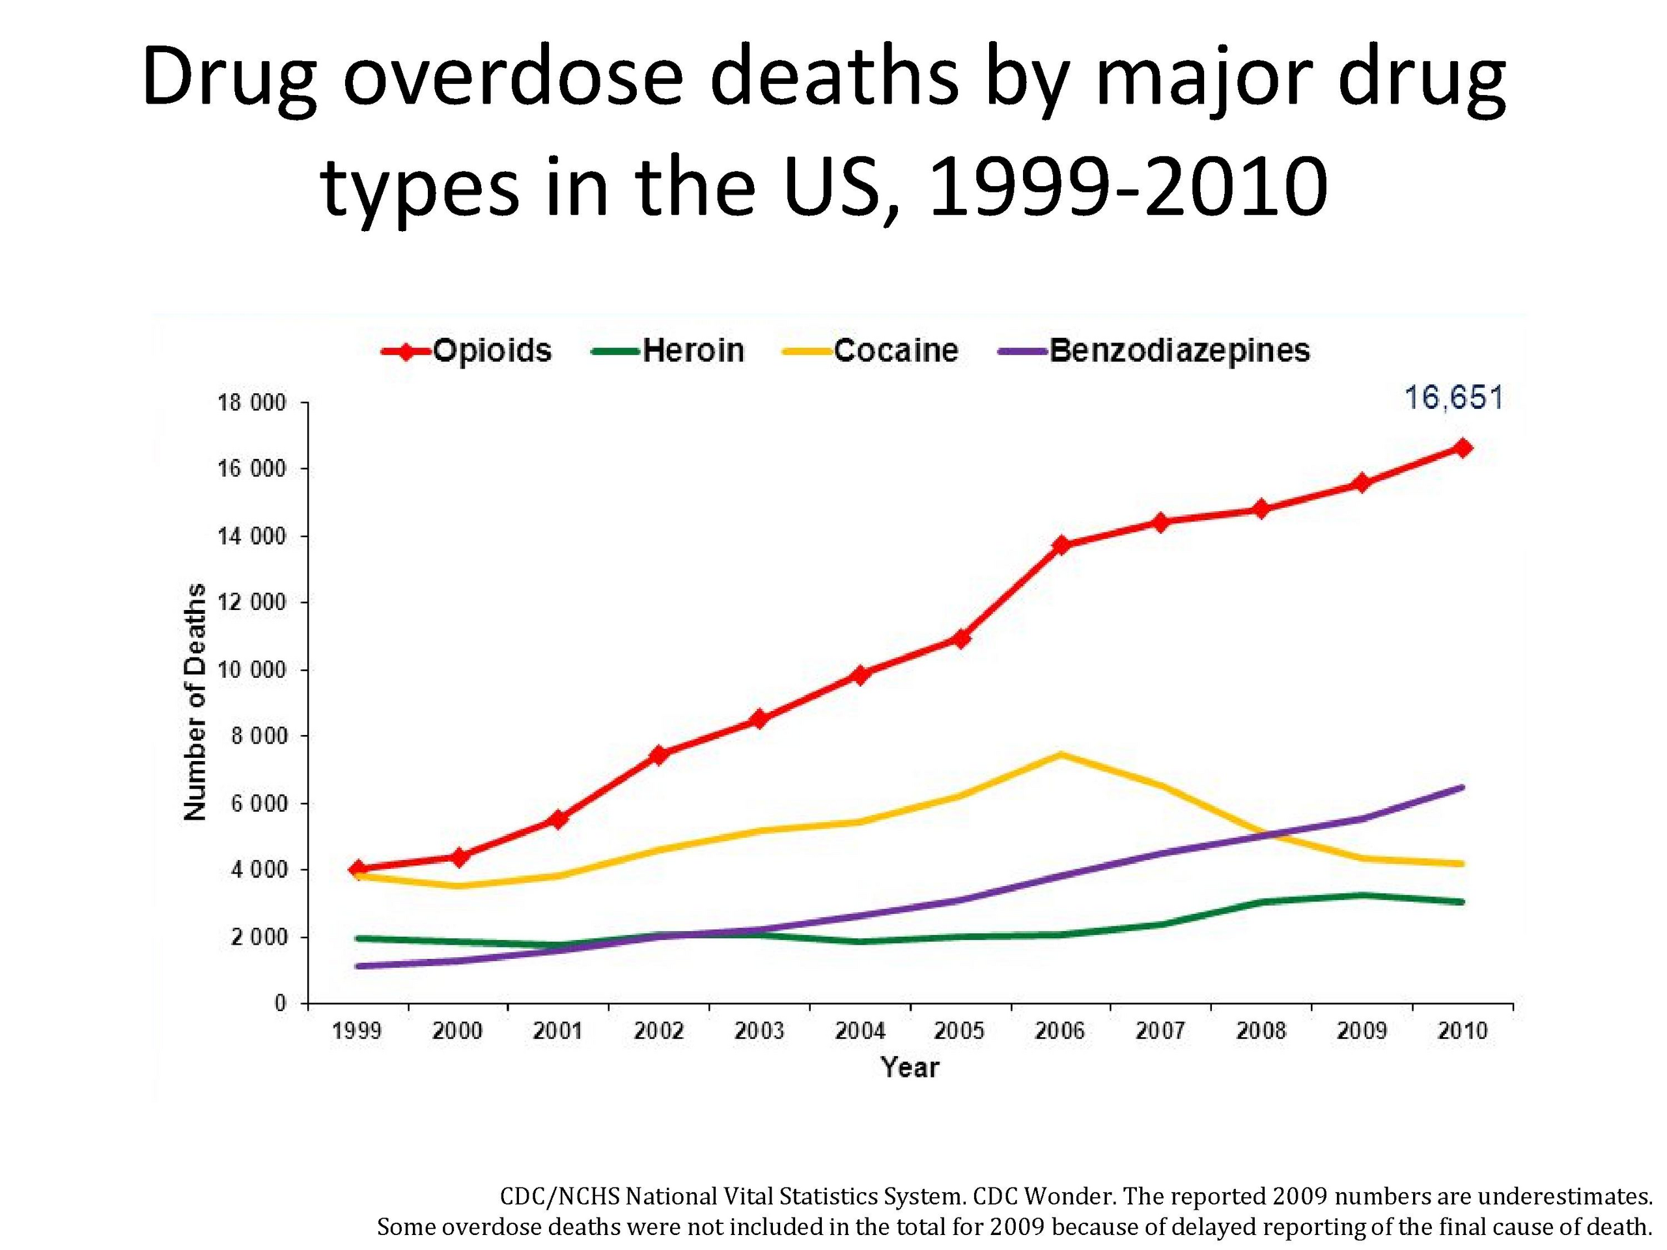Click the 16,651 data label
(1453, 398)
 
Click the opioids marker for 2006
(1061, 545)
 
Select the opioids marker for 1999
(358, 868)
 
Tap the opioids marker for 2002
(660, 754)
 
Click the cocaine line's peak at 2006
(1061, 754)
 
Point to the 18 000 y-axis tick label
(252, 403)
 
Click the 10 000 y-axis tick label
(252, 670)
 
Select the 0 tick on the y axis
(279, 1004)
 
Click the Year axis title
(910, 1068)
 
